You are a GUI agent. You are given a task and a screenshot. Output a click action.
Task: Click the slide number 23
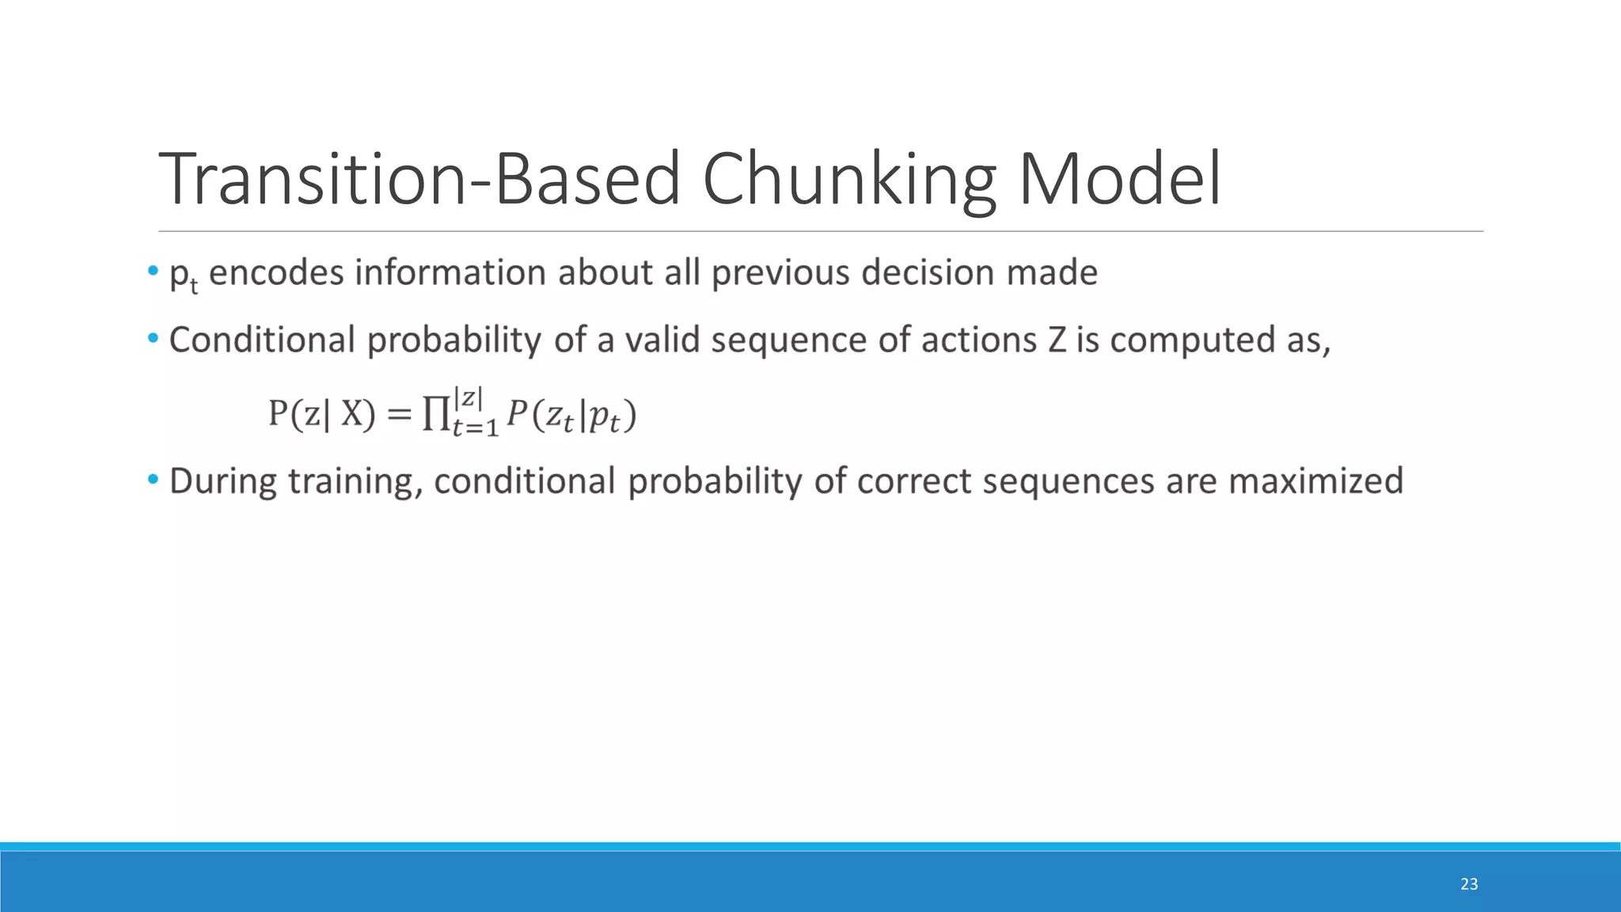click(1469, 884)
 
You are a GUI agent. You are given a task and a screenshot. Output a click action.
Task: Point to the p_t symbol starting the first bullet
click(183, 276)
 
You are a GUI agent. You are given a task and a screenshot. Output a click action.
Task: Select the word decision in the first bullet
click(927, 272)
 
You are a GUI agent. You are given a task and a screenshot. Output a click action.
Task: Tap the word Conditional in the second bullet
click(262, 340)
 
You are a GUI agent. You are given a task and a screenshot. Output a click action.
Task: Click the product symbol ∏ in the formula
click(435, 414)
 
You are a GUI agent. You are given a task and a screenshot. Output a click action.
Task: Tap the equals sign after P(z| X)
click(399, 414)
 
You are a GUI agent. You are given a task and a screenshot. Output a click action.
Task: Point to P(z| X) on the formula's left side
click(321, 414)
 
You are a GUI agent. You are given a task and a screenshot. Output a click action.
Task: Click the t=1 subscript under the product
click(475, 428)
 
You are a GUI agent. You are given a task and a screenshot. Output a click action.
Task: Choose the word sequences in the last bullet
click(1069, 481)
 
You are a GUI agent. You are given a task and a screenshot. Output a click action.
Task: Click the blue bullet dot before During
click(153, 480)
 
